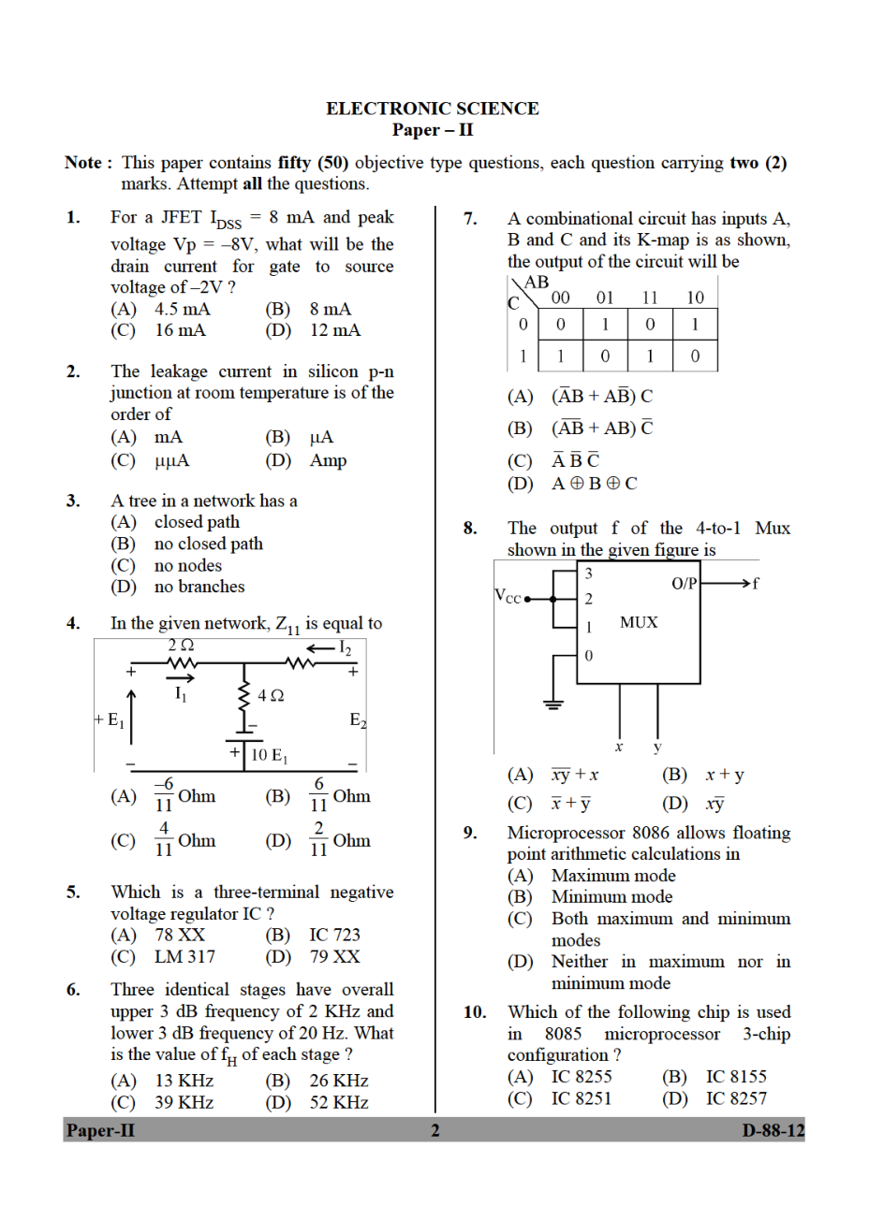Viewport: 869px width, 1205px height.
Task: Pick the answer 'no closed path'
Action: click(208, 544)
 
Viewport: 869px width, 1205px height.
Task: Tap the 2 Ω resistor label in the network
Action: click(181, 646)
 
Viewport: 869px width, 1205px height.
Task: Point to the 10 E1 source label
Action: click(272, 755)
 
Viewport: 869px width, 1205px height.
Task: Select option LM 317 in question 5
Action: click(184, 956)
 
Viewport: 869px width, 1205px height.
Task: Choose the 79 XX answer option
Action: click(334, 956)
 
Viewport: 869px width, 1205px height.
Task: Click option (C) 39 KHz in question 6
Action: click(184, 1103)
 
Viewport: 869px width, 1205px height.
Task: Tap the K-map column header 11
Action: click(650, 298)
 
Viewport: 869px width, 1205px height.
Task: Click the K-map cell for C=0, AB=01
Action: click(605, 325)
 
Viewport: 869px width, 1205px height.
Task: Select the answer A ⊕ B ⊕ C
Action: click(595, 484)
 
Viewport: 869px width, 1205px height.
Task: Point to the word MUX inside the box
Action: click(639, 622)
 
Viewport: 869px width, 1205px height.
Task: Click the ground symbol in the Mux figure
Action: click(554, 704)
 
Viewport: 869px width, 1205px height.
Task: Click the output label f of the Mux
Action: click(756, 584)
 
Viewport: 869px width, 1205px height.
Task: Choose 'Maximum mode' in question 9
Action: click(613, 876)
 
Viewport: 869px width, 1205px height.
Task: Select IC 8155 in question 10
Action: click(735, 1077)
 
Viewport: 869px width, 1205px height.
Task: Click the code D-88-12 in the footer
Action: click(773, 1130)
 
